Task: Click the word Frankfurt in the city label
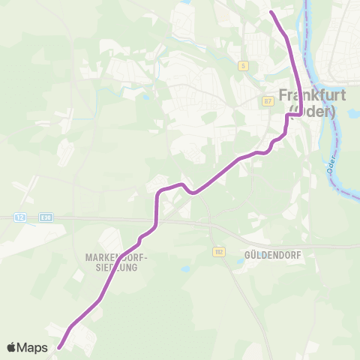307,96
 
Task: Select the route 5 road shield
243,66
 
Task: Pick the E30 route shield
46,217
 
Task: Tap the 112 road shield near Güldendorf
218,250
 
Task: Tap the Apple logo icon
12,347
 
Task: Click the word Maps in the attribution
34,347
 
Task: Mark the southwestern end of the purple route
58,347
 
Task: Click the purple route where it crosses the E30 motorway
155,221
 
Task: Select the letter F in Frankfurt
284,96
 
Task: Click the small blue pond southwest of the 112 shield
185,268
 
